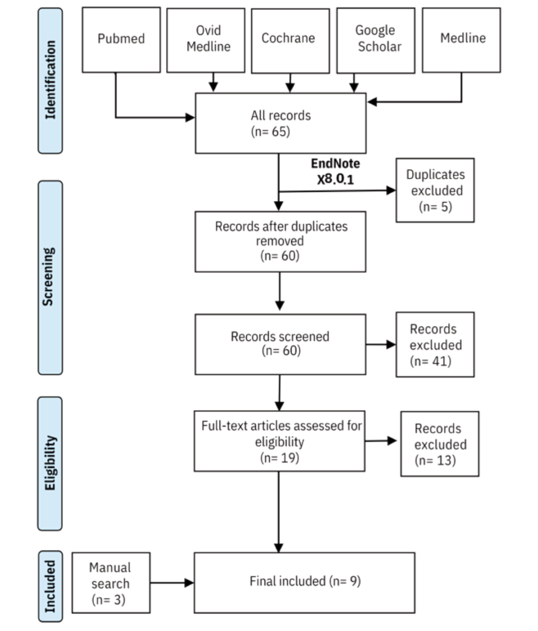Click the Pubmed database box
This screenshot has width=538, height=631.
click(x=120, y=38)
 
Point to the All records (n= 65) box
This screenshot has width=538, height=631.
click(x=280, y=122)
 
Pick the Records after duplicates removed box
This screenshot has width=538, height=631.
click(x=280, y=241)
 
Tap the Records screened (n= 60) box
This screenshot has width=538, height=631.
click(x=280, y=343)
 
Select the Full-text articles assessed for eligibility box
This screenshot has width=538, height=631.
click(x=280, y=442)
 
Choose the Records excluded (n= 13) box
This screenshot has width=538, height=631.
click(x=439, y=443)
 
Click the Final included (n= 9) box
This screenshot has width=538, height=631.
click(x=280, y=582)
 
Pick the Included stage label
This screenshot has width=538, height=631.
click(x=52, y=584)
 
